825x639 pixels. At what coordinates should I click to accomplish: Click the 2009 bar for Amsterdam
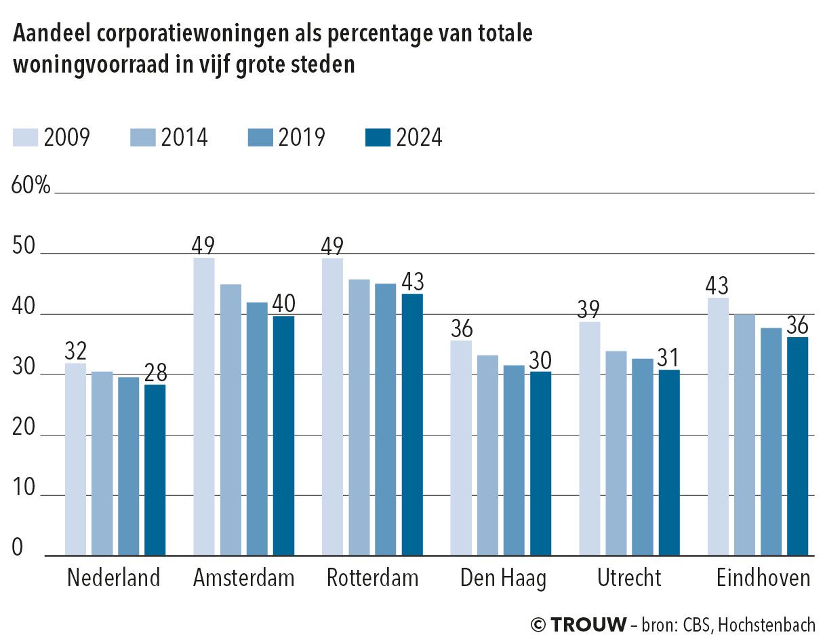(x=204, y=406)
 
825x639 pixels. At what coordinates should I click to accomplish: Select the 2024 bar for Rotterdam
(x=412, y=425)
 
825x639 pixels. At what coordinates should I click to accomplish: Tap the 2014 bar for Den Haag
(x=488, y=455)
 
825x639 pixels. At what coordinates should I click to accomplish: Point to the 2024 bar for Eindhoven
(x=798, y=446)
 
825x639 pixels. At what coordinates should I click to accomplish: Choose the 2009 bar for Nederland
(x=75, y=459)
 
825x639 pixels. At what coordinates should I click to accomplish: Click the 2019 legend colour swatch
(x=260, y=138)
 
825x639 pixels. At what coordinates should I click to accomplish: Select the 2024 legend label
(x=419, y=138)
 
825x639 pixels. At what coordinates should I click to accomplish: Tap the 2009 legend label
(x=66, y=138)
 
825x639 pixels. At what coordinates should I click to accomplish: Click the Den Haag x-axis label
(x=502, y=578)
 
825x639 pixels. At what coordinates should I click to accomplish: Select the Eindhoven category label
(x=763, y=578)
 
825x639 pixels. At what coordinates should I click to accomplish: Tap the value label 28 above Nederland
(x=155, y=373)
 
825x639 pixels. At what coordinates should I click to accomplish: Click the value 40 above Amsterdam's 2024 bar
(x=284, y=304)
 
